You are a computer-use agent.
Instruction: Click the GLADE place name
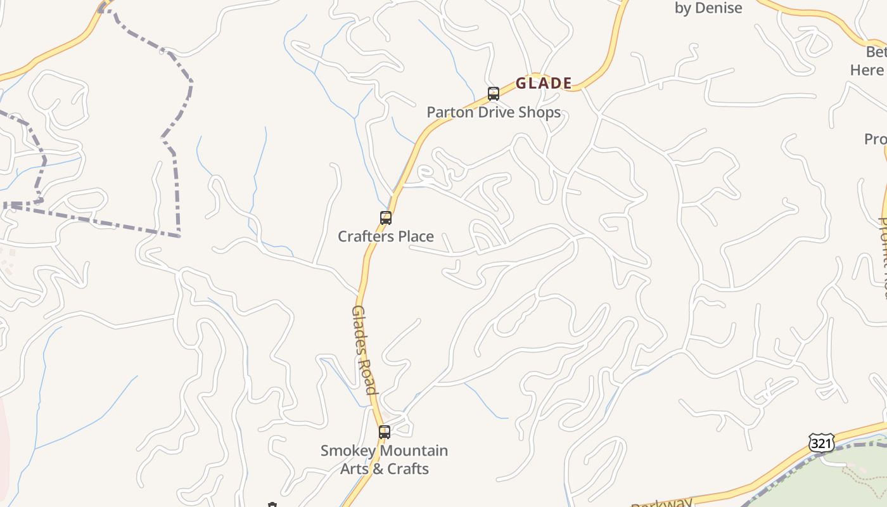coord(544,83)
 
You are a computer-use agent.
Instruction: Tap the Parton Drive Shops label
coord(494,113)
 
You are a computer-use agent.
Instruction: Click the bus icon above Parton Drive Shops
coord(494,94)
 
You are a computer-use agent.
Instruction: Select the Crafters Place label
coord(386,236)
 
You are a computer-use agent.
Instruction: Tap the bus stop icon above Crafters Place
coord(386,218)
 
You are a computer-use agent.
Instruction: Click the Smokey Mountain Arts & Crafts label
coord(385,459)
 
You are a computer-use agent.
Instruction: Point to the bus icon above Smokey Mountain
coord(385,432)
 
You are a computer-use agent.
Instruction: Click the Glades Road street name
coord(365,349)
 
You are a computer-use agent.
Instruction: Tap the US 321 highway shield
coord(821,442)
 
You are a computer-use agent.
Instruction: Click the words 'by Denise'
coord(708,8)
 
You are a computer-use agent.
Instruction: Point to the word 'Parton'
coord(447,113)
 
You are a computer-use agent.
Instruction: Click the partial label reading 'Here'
coord(867,70)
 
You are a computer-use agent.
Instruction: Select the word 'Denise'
coord(718,8)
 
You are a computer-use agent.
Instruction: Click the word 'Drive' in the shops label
coord(494,113)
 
